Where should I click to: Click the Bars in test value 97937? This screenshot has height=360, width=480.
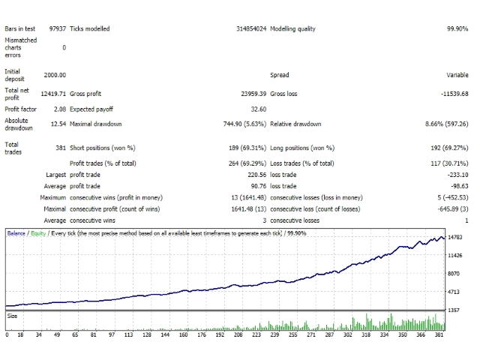(58, 28)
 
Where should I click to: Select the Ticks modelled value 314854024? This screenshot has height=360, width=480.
(251, 28)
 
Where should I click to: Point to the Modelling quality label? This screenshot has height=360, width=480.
(292, 29)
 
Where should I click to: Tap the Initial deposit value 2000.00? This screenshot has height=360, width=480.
(55, 75)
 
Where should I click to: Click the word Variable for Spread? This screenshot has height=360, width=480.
(457, 75)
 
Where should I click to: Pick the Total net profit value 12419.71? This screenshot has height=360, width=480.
(53, 94)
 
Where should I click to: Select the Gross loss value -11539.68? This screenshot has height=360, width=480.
(454, 94)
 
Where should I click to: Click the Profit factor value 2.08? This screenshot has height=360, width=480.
(60, 109)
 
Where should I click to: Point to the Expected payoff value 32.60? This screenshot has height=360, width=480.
(259, 109)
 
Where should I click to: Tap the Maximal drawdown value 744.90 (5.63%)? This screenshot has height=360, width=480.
(245, 124)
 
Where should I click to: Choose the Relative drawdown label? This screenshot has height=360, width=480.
(295, 124)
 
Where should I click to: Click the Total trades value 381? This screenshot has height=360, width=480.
(61, 148)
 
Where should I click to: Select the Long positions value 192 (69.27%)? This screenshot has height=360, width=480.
(449, 148)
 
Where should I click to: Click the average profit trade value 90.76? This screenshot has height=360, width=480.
(259, 186)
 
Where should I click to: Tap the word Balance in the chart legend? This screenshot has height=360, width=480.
(16, 233)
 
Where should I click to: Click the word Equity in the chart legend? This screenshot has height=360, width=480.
(38, 233)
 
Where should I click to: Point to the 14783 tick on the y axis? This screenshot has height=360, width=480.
(455, 237)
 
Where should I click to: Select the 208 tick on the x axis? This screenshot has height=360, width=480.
(238, 335)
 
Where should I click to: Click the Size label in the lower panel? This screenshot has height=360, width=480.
(12, 316)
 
